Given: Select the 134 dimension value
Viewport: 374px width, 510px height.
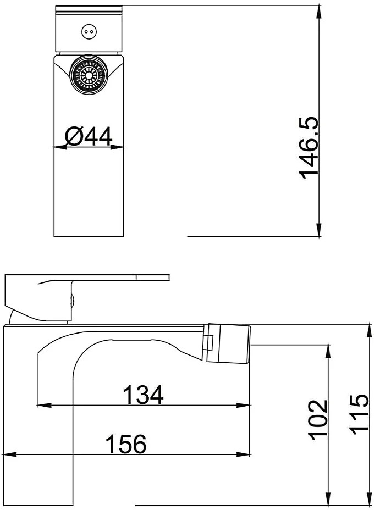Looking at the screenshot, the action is tap(143, 394).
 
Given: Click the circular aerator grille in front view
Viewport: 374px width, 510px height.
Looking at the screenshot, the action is tap(89, 75).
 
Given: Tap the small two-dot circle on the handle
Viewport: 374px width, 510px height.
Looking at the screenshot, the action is tap(89, 32).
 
